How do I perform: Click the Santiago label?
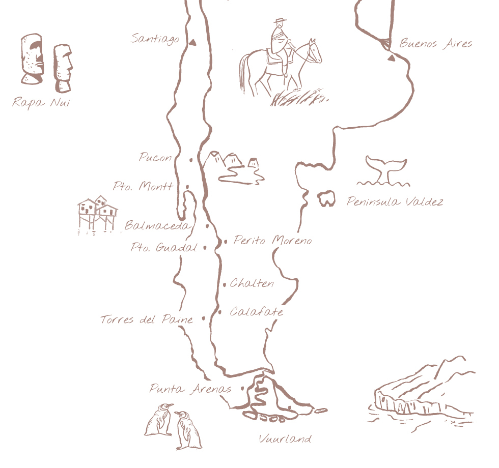155,39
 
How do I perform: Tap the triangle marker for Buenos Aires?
391,58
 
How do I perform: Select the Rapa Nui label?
41,102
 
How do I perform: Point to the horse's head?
315,50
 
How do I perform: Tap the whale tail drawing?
385,170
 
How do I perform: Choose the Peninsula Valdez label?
395,201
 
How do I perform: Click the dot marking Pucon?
191,160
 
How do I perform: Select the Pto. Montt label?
143,186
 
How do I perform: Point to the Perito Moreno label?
273,240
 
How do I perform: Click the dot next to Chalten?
225,284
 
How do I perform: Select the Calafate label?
257,311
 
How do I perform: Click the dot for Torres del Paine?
204,318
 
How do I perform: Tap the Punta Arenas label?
190,389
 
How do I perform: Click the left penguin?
159,420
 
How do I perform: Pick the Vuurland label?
285,439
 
